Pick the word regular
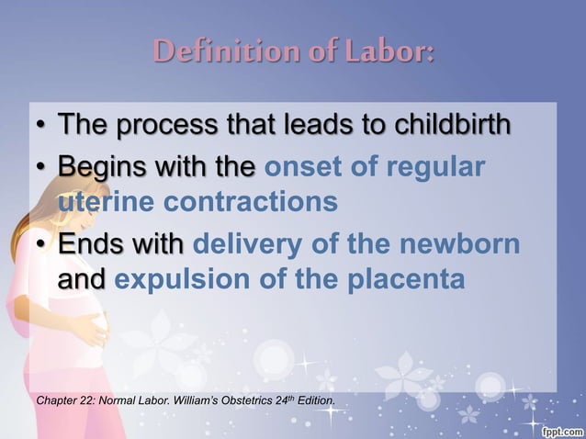coord(432,169)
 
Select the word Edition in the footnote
coord(315,401)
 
